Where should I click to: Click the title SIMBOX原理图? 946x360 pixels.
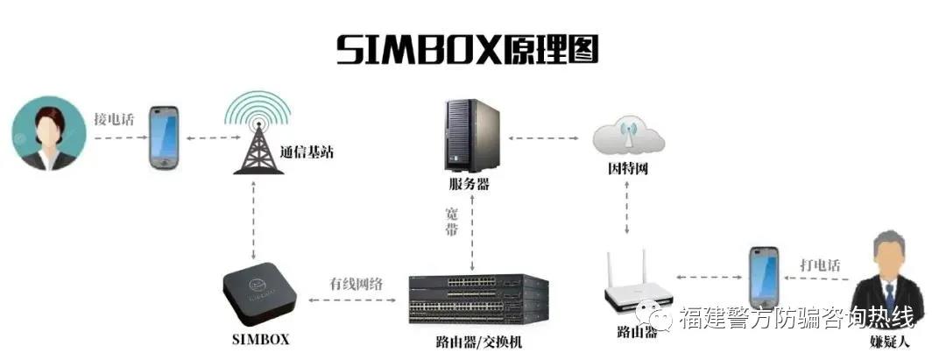468,49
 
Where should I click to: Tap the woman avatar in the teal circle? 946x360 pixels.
49,134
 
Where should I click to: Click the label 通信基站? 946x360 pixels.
307,152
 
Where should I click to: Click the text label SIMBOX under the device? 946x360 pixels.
261,340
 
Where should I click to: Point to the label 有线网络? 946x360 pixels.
356,285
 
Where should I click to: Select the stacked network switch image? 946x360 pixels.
478,300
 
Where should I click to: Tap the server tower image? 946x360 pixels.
472,136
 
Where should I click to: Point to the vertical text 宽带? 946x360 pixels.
451,222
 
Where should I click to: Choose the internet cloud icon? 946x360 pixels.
629,137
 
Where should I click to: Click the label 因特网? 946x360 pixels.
627,169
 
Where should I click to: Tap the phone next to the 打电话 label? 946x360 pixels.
764,278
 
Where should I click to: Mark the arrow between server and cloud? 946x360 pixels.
544,138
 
